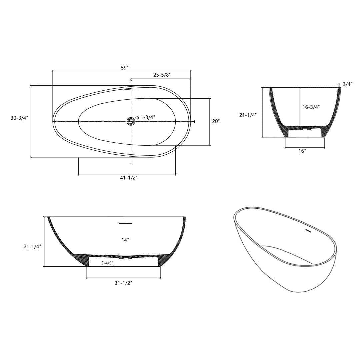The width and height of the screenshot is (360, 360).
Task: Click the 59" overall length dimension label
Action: click(125, 68)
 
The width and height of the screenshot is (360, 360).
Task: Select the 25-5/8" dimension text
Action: click(162, 75)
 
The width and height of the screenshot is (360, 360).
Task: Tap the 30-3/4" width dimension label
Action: click(19, 118)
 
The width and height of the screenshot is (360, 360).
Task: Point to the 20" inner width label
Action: click(216, 121)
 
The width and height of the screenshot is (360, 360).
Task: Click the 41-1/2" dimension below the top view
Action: click(129, 178)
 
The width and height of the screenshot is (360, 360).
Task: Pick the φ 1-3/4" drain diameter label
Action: click(145, 117)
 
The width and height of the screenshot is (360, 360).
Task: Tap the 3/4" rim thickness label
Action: click(347, 84)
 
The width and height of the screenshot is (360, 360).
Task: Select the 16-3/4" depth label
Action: click(311, 107)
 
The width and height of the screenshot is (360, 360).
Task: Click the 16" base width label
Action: click(302, 151)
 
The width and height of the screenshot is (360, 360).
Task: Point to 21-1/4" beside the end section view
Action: click(248, 115)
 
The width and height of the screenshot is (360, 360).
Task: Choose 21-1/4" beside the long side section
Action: click(32, 246)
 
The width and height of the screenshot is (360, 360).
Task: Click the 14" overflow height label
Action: click(125, 240)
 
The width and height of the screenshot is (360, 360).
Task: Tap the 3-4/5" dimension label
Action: click(107, 263)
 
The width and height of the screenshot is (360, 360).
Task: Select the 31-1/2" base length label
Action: click(123, 283)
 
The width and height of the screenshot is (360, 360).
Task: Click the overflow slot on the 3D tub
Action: click(308, 230)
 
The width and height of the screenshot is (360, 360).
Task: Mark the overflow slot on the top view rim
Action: click(128, 89)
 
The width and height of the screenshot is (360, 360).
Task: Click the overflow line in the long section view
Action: click(125, 223)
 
